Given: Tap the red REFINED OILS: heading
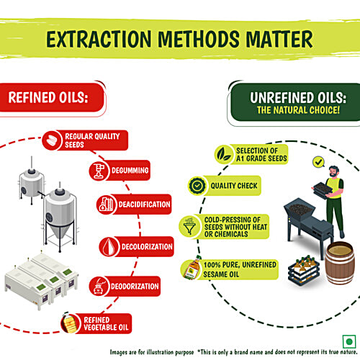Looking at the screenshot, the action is coord(48,97).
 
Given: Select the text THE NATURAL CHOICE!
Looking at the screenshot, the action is coord(298,110).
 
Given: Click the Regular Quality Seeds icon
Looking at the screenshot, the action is coord(52,140).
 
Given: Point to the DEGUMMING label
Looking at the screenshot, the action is coord(130,171).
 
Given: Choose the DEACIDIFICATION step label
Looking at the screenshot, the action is coord(144,204).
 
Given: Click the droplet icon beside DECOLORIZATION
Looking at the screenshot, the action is coord(109,247).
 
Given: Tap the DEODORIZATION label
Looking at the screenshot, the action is coord(135,287).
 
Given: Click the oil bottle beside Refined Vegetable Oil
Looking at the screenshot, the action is coord(69,323).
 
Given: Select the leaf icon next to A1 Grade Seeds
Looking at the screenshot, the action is coord(224,154).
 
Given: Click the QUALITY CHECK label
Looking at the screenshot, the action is coord(234,186).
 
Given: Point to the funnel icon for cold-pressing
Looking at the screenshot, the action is coord(189,226).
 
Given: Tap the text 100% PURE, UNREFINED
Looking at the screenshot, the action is coord(240,265).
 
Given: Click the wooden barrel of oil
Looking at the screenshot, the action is coord(340,263).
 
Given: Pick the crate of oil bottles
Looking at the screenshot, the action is coord(304,271).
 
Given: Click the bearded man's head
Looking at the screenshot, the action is coord(334,171).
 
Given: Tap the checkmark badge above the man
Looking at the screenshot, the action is coord(319,162).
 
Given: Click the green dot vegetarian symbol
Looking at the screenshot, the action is coord(349,341).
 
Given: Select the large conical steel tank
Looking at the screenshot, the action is coord(60,217).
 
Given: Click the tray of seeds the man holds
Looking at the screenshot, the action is coord(321,189).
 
